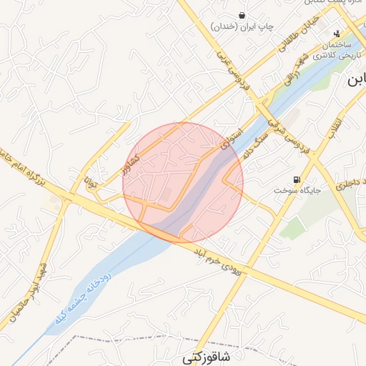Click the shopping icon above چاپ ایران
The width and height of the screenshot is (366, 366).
click(x=243, y=15)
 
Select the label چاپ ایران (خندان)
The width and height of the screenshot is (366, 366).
click(x=243, y=26)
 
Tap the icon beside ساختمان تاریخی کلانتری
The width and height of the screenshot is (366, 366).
click(x=337, y=33)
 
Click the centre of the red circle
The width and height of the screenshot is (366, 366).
click(x=183, y=182)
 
